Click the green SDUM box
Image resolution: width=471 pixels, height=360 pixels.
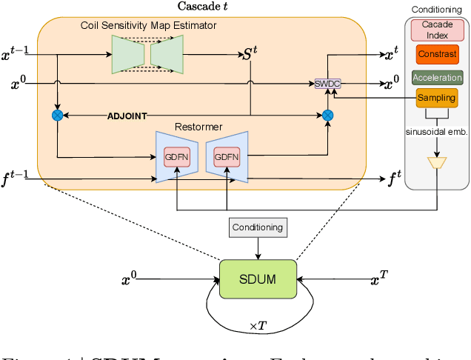(257, 279)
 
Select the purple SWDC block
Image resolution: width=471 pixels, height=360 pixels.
(326, 83)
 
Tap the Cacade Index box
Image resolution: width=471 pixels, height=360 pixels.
(436, 30)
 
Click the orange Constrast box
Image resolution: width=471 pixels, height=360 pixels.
(436, 54)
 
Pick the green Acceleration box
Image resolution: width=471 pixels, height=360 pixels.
(437, 77)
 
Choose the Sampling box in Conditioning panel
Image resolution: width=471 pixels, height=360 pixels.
(436, 98)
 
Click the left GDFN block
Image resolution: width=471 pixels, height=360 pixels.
(177, 157)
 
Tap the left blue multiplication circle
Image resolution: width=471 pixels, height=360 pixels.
(57, 115)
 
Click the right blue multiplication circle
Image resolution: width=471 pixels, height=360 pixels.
(327, 115)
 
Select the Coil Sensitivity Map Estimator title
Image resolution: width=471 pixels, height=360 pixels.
(149, 26)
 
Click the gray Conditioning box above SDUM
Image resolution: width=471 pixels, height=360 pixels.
(256, 227)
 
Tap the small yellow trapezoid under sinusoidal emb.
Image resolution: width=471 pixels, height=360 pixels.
(438, 162)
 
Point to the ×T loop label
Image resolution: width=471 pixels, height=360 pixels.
(258, 327)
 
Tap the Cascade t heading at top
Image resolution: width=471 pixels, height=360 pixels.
(202, 7)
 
